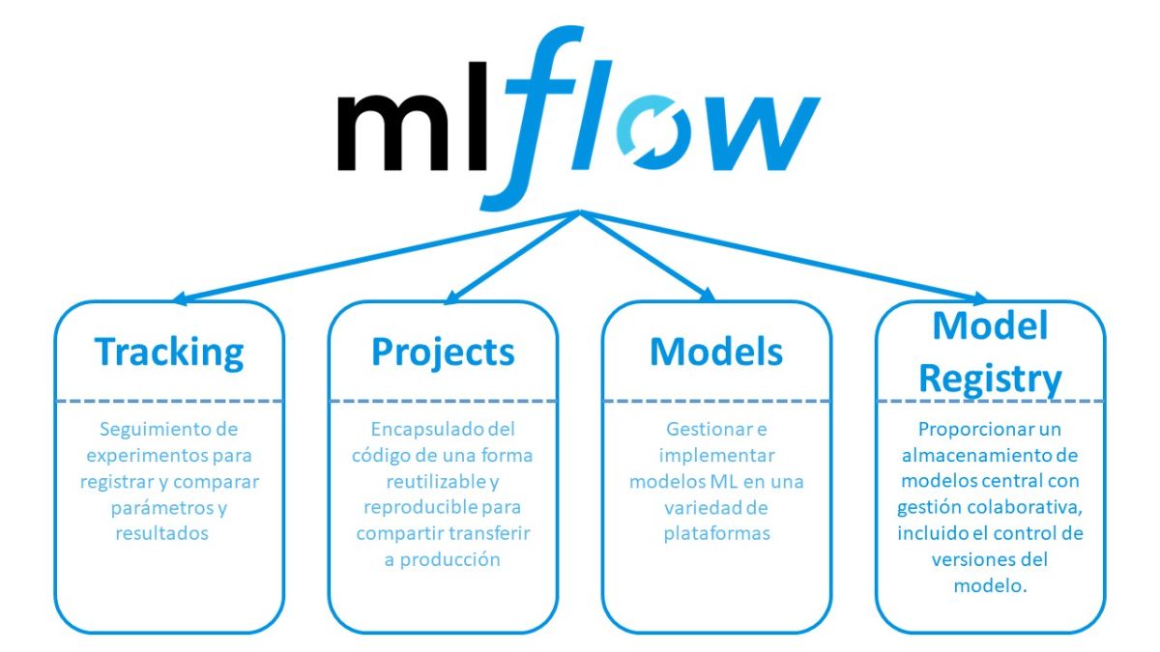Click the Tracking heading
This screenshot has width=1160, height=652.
169,353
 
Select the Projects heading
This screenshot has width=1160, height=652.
444,353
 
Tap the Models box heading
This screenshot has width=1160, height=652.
716,352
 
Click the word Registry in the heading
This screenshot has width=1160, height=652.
990,380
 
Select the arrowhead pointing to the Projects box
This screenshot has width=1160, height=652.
452,298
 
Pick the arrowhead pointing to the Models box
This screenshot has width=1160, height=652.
708,295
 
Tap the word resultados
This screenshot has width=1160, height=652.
161,533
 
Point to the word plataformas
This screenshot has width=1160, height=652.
716,533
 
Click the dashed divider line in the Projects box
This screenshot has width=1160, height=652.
444,401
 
